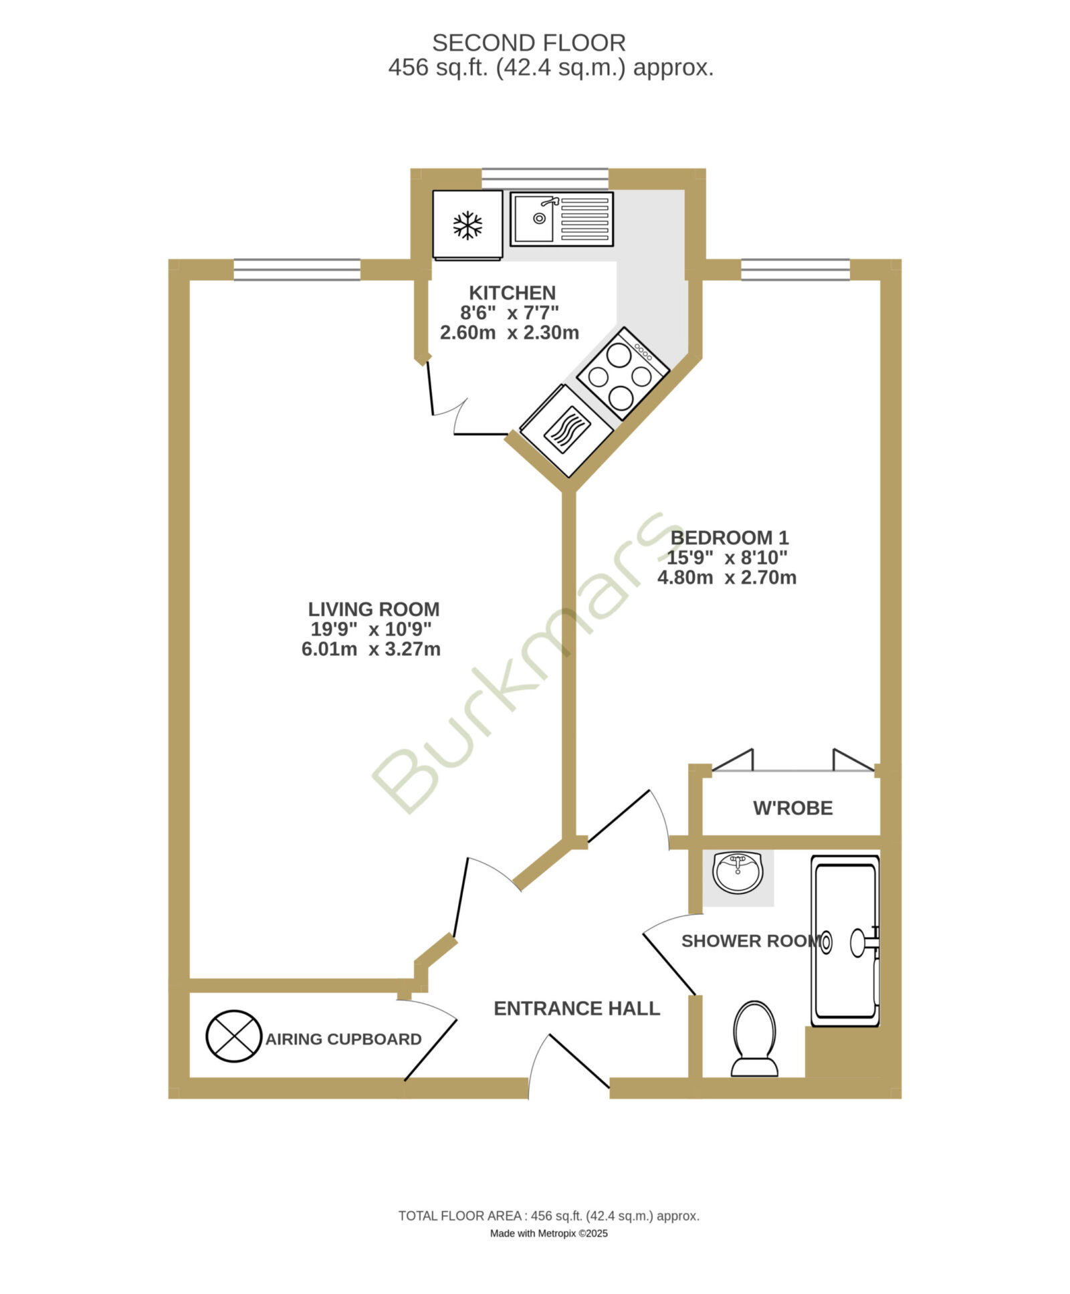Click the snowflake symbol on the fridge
[467, 225]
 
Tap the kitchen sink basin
[533, 218]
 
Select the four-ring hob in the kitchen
[622, 374]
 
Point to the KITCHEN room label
[512, 293]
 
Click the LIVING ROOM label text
[373, 609]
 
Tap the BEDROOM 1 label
[729, 538]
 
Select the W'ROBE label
[792, 808]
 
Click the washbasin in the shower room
[738, 873]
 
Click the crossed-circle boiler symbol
[233, 1036]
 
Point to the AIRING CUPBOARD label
[343, 1039]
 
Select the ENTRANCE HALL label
[576, 1008]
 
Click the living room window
[297, 269]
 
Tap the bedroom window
[795, 269]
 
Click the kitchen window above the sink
[545, 179]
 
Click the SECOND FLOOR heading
[528, 43]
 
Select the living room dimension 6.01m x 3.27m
[370, 649]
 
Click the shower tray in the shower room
[845, 941]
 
